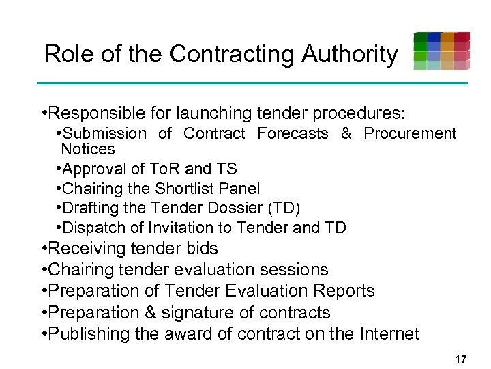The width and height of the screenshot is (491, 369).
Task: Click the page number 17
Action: (461, 358)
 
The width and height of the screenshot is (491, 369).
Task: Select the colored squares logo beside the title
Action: (441, 51)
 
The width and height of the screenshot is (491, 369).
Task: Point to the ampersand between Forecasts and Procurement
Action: (346, 133)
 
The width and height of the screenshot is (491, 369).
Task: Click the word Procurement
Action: (410, 133)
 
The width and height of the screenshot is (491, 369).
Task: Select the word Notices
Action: (88, 149)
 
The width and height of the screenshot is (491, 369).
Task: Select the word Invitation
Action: (179, 228)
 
